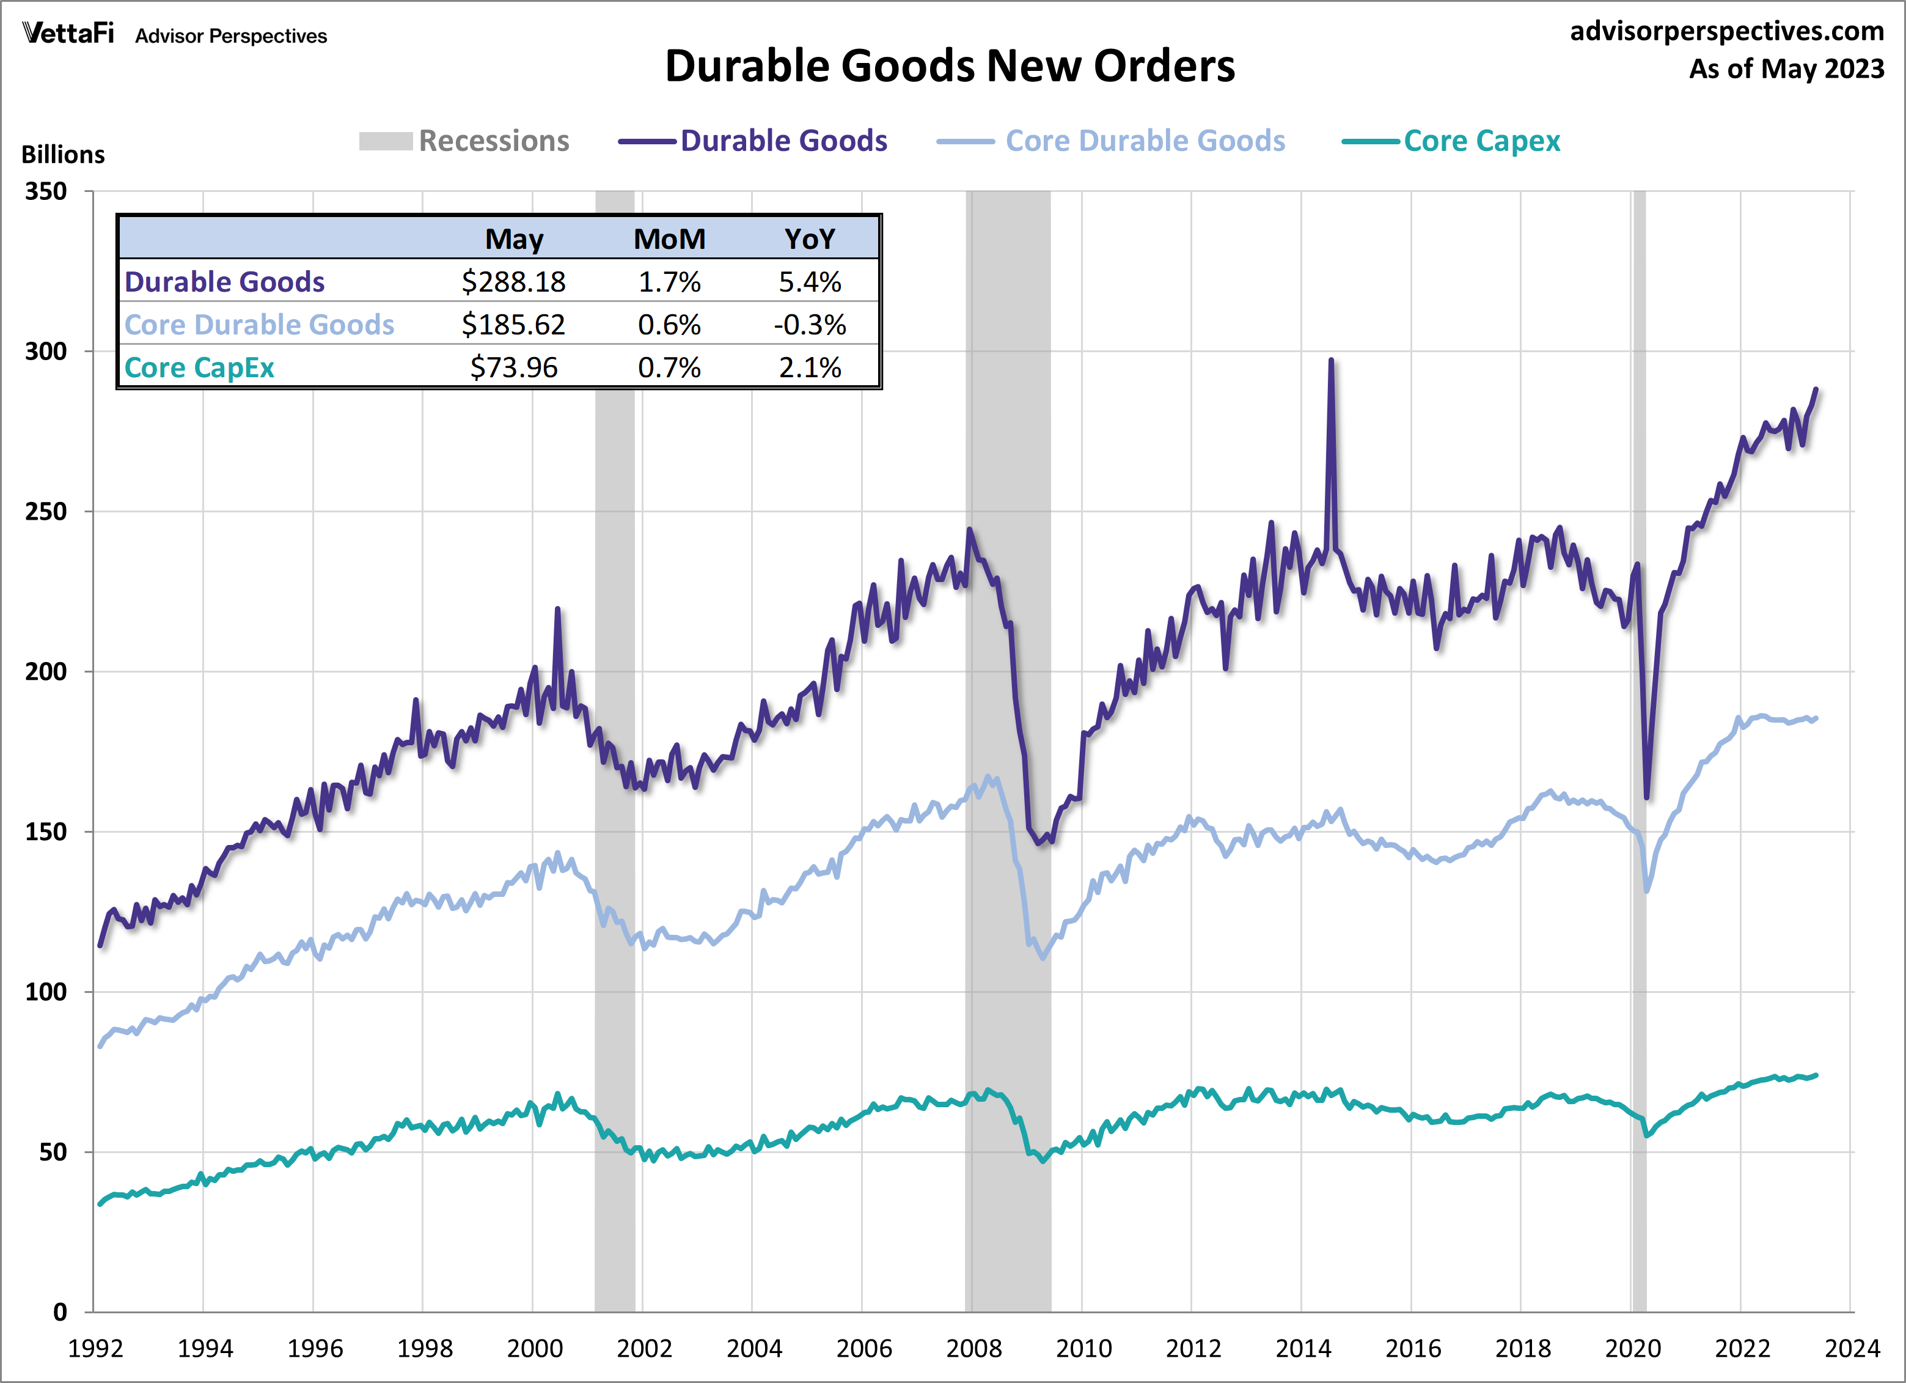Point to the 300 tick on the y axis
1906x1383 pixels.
tap(46, 352)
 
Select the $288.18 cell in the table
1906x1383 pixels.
tap(513, 282)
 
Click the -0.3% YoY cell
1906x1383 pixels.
tap(809, 325)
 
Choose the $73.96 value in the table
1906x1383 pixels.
tap(513, 367)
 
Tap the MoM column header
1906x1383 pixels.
tap(669, 239)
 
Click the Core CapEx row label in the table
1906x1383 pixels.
tap(199, 367)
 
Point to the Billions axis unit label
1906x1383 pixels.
tap(63, 155)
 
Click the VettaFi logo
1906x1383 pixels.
tap(68, 34)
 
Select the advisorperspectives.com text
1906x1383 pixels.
tap(1727, 31)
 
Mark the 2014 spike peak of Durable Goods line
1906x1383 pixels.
tap(1331, 361)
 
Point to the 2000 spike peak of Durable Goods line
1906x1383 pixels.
tap(558, 609)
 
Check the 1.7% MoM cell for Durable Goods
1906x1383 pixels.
tap(669, 282)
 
